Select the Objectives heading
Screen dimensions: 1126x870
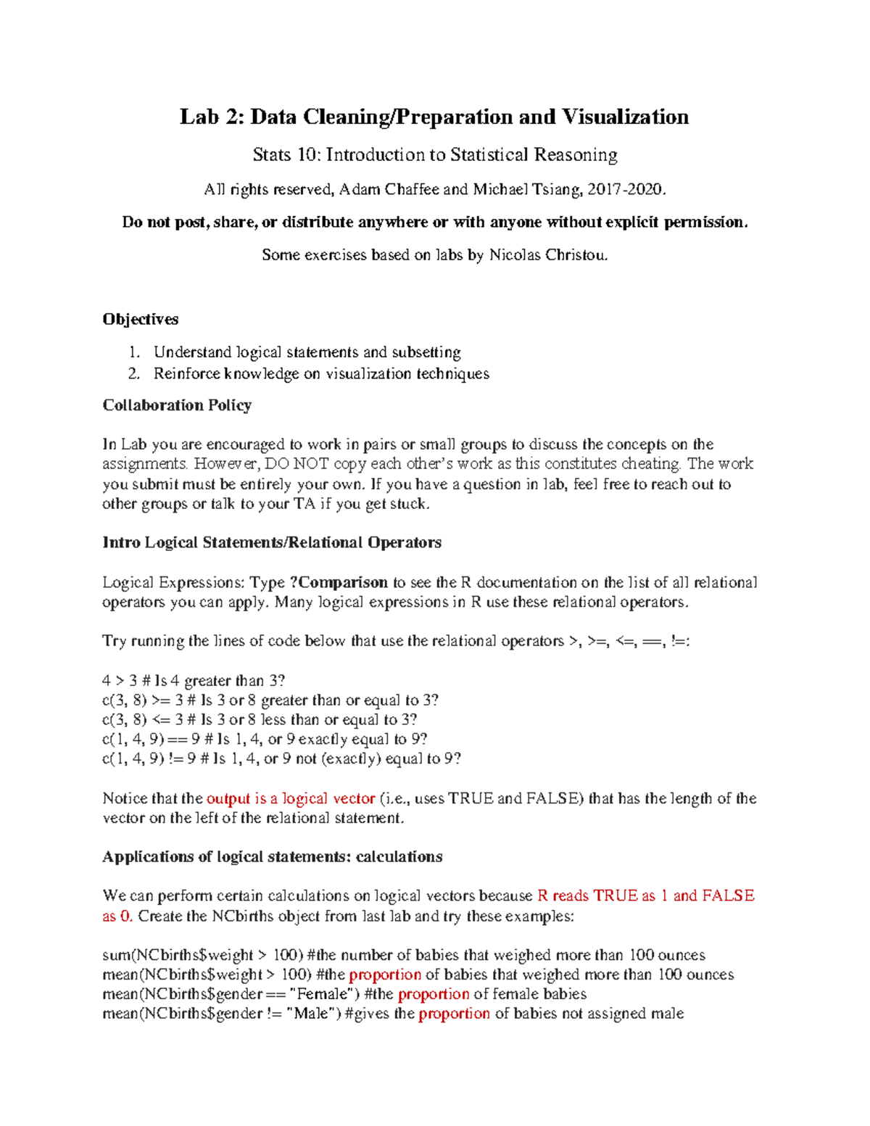[x=140, y=319]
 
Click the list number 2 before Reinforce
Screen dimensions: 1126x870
[x=133, y=373]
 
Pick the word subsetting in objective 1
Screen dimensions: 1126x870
[x=426, y=352]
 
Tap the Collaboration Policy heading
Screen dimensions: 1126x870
[x=177, y=405]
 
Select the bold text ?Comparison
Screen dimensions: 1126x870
[x=339, y=582]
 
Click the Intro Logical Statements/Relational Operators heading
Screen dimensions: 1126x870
[x=272, y=542]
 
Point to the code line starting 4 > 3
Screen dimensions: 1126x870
[x=194, y=681]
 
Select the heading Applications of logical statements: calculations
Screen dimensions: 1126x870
[x=272, y=856]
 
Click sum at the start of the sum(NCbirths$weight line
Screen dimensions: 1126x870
[x=116, y=955]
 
